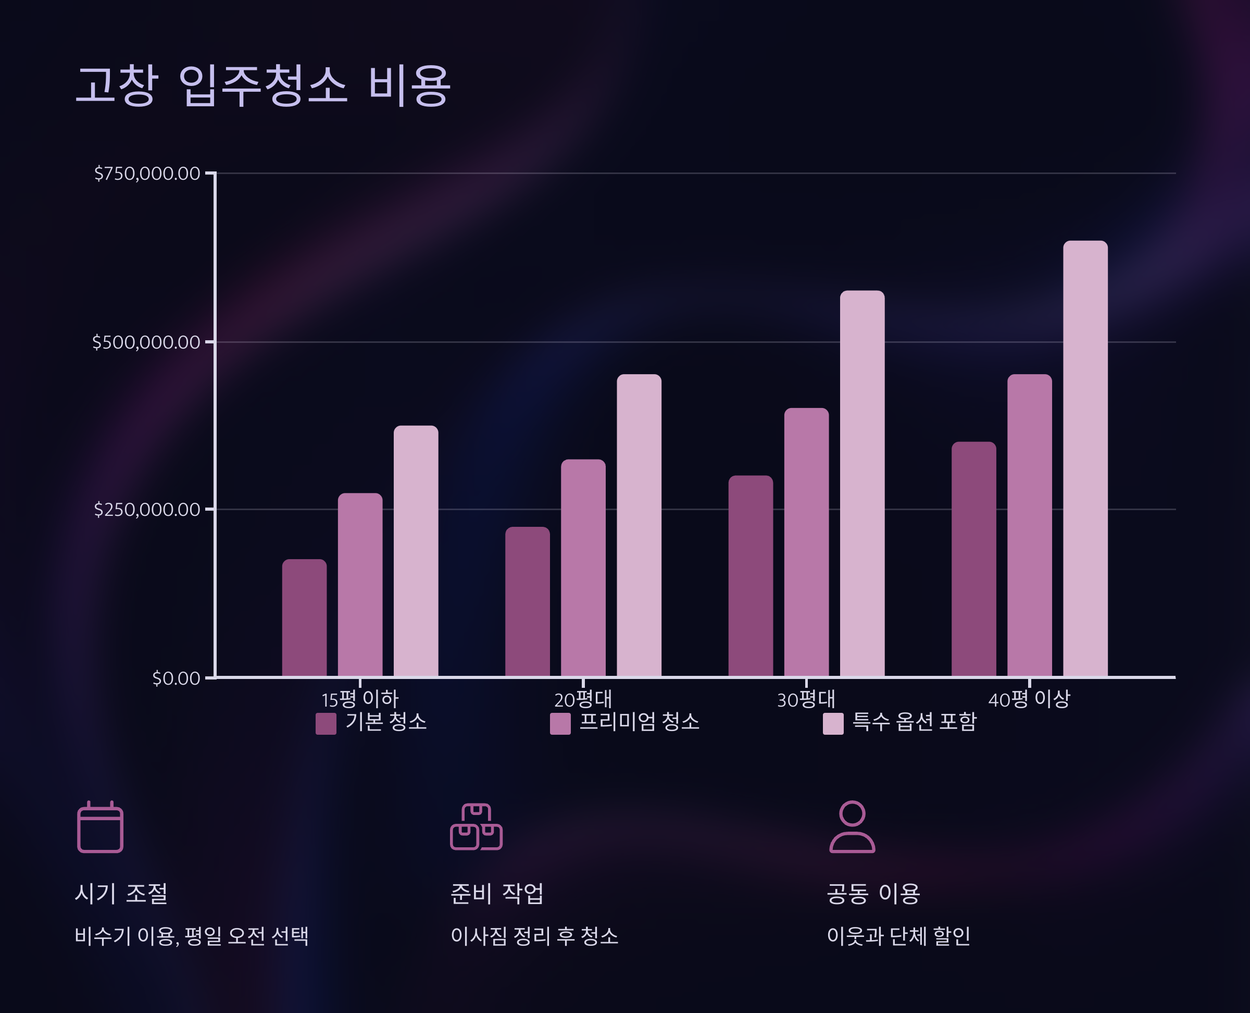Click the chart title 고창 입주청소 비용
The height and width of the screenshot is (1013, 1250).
click(x=263, y=86)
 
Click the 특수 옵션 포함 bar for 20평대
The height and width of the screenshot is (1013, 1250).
click(x=639, y=525)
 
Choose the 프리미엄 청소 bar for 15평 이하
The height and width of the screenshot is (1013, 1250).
click(x=360, y=585)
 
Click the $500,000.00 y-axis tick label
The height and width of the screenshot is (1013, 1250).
click(x=146, y=342)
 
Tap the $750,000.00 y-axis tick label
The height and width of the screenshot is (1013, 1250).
click(x=147, y=174)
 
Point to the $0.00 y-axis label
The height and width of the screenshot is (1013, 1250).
click(x=176, y=678)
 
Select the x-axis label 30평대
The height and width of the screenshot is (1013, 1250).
click(x=806, y=699)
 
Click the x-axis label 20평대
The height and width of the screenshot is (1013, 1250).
click(x=583, y=699)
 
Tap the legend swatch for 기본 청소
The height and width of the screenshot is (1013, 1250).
click(x=326, y=724)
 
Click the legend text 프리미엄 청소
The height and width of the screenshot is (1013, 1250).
click(x=639, y=722)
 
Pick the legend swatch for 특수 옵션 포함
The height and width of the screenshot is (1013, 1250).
click(x=832, y=724)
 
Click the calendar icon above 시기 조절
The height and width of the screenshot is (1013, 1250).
click(x=101, y=827)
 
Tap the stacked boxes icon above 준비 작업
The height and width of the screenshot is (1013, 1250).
click(x=476, y=827)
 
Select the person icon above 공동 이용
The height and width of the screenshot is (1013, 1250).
click(x=852, y=827)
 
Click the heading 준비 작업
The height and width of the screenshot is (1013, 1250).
click(x=496, y=893)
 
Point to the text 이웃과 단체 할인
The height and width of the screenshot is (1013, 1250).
click(x=898, y=936)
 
